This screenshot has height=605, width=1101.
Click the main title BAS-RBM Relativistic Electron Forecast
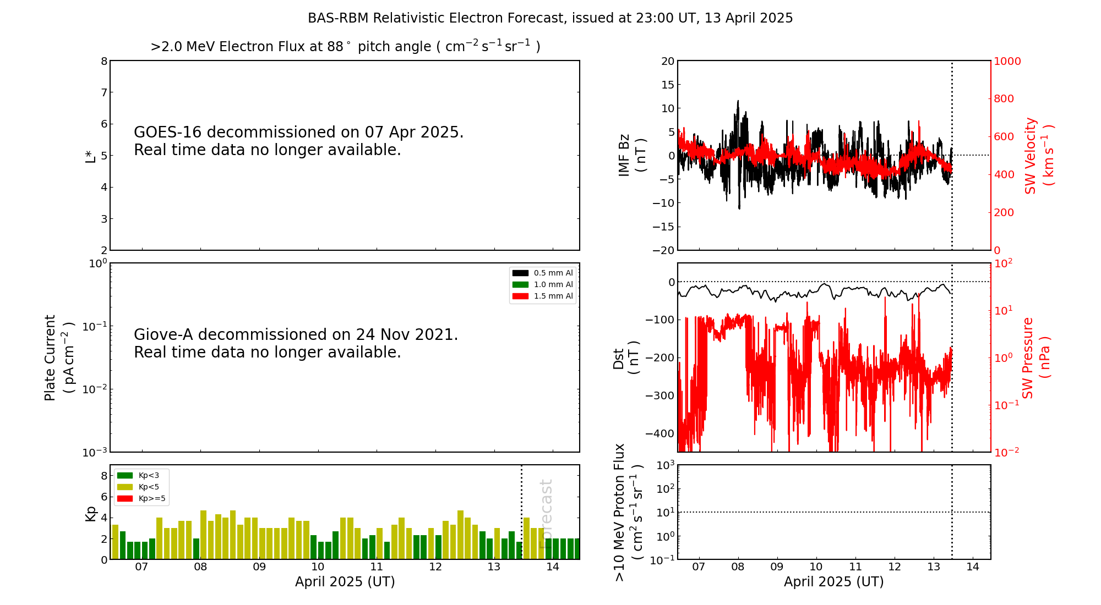click(x=550, y=18)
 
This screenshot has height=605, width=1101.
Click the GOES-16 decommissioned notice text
click(x=298, y=141)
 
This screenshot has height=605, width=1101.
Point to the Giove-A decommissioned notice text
click(x=296, y=343)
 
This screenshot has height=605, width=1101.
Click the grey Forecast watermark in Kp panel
click(x=546, y=514)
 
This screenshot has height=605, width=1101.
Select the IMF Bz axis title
click(x=632, y=155)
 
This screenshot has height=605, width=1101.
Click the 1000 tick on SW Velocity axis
click(x=1007, y=61)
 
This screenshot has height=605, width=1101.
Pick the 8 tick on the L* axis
click(x=104, y=61)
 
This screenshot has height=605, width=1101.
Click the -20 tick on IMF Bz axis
click(x=664, y=250)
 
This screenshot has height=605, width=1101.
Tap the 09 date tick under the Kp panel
click(x=259, y=567)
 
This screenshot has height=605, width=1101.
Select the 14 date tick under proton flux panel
click(x=973, y=567)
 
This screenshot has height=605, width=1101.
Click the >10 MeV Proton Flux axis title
click(x=628, y=513)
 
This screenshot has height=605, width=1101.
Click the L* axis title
click(x=90, y=156)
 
